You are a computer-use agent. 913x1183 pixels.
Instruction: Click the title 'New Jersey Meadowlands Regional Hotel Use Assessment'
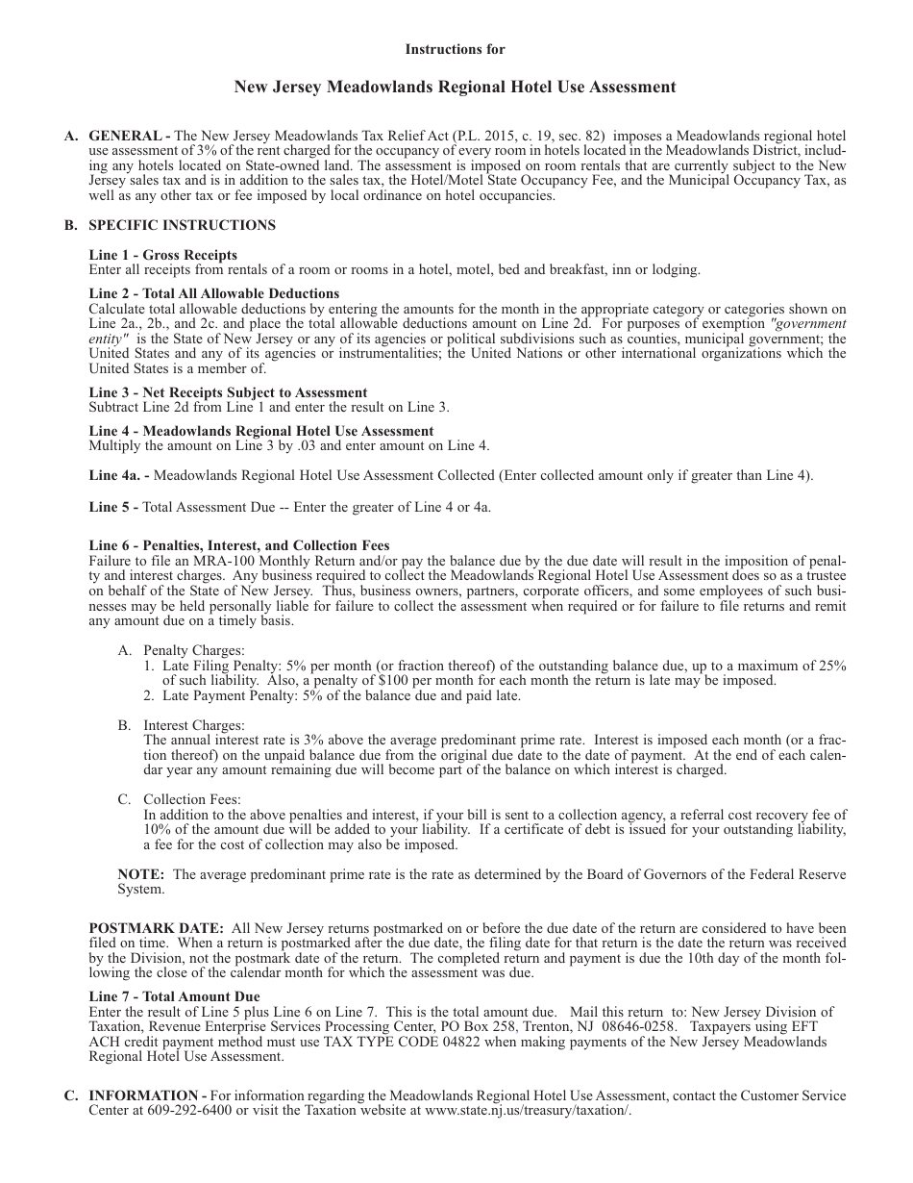(455, 88)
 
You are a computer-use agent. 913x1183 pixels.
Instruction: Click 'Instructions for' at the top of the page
(455, 49)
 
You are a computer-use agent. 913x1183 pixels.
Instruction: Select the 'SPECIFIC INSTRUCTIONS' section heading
(182, 225)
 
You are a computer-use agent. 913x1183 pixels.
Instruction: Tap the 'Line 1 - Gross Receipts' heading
(162, 255)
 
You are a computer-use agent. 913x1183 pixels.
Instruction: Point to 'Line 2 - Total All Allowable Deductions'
(213, 293)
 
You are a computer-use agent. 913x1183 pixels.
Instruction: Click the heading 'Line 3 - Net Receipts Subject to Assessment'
(228, 392)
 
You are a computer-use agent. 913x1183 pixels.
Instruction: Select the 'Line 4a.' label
(117, 474)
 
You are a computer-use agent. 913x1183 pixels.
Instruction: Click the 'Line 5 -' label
(113, 507)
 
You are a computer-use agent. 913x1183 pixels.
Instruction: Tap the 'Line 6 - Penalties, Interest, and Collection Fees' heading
(238, 545)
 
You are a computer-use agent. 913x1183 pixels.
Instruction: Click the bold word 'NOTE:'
(141, 874)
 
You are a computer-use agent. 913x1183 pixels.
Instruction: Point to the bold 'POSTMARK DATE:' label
(156, 928)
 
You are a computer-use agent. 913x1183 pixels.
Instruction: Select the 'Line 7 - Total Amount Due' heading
(174, 996)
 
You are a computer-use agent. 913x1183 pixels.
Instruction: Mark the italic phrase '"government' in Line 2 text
(809, 324)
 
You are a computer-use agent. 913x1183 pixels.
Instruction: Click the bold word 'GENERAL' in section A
(119, 137)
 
